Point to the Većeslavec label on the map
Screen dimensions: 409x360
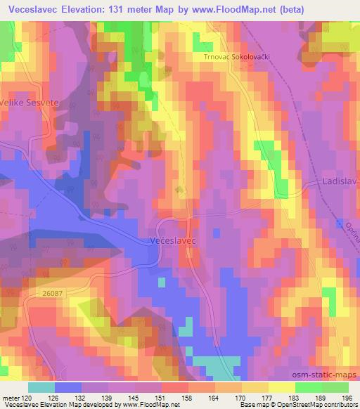[172, 240]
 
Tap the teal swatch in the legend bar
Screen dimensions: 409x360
[41, 387]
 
